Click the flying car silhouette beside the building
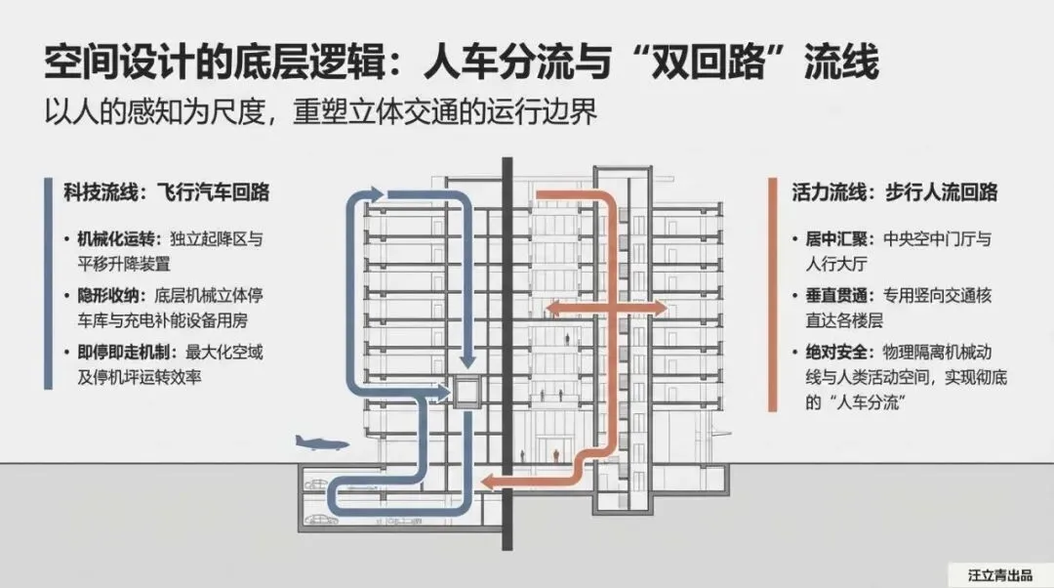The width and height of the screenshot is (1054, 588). [x=323, y=443]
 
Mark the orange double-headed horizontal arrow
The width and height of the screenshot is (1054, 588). [x=605, y=309]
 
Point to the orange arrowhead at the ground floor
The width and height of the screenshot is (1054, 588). [x=492, y=482]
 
